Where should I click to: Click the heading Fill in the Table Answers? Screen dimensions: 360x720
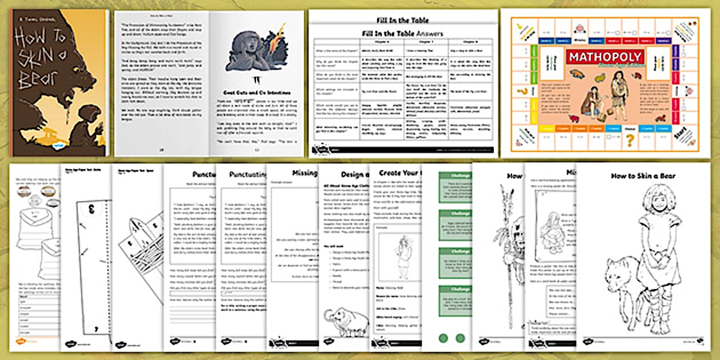[x=403, y=33]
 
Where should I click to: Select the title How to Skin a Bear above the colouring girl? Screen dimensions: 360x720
[x=643, y=177]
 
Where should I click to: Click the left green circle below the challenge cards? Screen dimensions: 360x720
[x=443, y=338]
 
